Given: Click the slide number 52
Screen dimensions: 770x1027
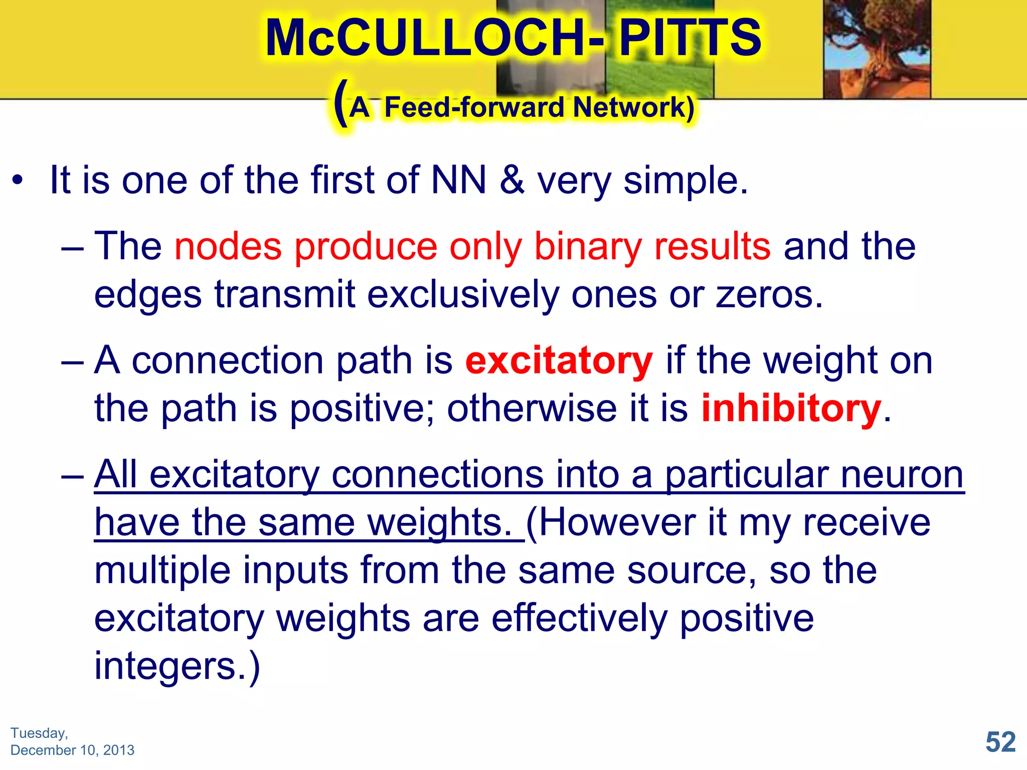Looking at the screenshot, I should (1000, 742).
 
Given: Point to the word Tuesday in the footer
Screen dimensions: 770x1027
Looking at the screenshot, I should (38, 733).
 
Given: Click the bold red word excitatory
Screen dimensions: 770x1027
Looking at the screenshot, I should (559, 361).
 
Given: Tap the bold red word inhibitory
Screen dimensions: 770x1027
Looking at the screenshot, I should (791, 409).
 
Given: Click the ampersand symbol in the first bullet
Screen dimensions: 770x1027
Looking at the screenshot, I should (512, 180).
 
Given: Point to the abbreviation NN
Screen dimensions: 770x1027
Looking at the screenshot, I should (459, 180).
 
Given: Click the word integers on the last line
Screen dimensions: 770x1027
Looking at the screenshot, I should (165, 666).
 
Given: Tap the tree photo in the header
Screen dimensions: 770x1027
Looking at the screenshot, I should (877, 49).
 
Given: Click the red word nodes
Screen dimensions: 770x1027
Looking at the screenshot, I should (228, 247).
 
